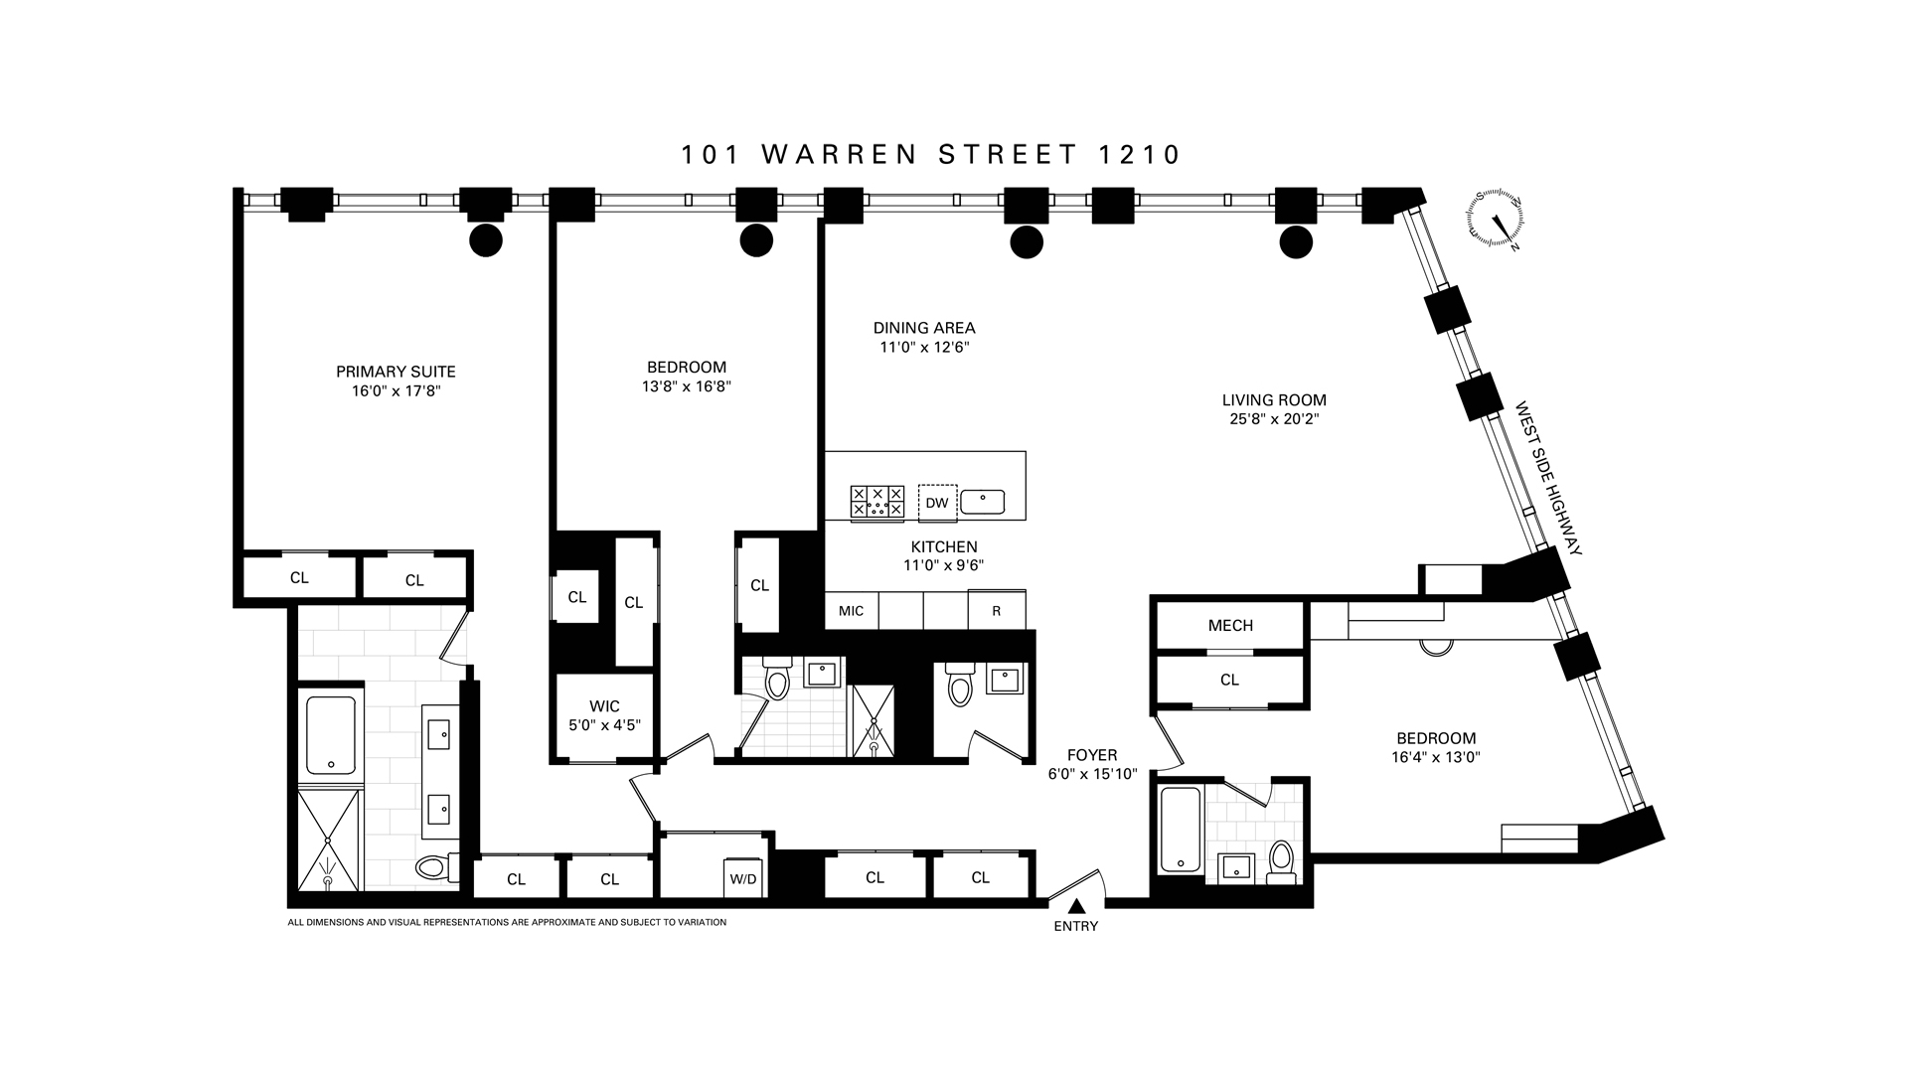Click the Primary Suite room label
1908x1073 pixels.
396,372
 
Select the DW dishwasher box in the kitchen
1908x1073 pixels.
937,503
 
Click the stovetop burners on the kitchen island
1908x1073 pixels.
877,502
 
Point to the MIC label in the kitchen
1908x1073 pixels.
851,611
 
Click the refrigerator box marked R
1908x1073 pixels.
996,611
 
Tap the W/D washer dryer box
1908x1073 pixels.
742,878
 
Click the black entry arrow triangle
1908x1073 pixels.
1076,906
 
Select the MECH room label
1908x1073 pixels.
1230,625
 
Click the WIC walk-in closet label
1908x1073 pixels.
604,706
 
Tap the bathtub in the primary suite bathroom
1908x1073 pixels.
331,735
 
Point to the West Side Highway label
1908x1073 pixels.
1547,478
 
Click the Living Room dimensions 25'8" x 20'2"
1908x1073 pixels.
1274,419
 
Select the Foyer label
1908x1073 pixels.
1092,755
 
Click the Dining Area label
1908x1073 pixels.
924,328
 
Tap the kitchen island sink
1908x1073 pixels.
982,502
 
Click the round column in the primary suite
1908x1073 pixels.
485,239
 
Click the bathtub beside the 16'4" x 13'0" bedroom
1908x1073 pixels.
1180,831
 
